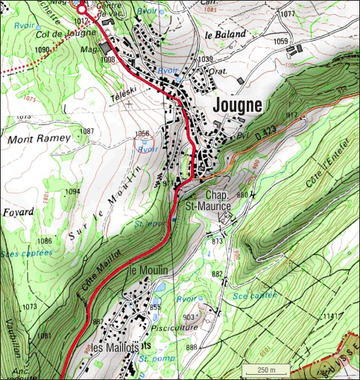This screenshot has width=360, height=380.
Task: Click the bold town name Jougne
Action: (238, 106)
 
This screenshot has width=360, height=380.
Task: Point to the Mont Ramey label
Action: (39, 139)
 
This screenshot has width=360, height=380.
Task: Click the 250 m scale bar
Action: (262, 370)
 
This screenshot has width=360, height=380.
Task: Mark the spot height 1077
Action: (288, 14)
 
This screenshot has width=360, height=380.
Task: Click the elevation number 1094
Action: (72, 192)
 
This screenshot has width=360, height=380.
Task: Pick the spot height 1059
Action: (280, 42)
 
